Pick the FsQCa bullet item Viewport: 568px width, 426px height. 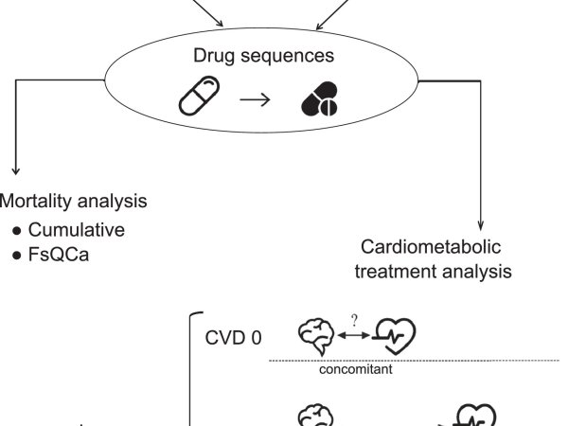(63, 254)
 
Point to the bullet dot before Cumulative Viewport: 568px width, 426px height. (16, 230)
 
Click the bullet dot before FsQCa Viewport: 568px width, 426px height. (16, 254)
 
